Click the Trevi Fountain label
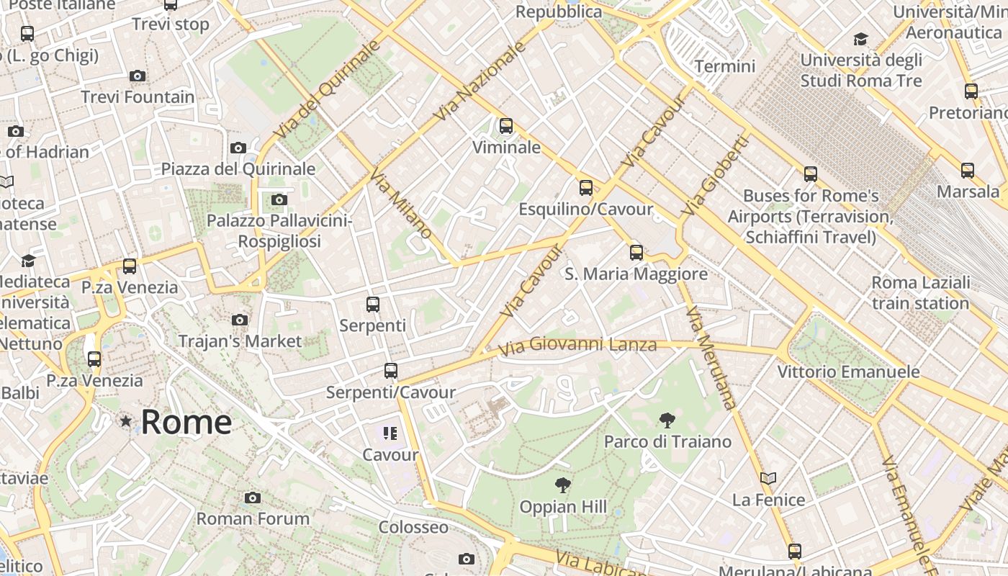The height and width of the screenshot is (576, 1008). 138,96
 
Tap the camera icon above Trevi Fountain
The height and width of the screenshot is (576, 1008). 137,76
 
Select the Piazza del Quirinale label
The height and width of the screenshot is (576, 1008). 238,168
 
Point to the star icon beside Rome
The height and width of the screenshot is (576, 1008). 126,420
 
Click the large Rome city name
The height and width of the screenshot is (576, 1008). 186,421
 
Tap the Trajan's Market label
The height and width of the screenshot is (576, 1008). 240,341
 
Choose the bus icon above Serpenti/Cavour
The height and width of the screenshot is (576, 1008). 390,371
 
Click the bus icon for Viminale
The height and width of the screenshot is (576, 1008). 506,126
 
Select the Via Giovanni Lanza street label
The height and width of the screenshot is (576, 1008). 578,346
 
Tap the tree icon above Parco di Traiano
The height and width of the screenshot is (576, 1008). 667,420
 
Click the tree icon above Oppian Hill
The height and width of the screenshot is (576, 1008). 563,485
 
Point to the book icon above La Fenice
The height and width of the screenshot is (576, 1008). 768,478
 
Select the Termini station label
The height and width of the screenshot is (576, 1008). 724,66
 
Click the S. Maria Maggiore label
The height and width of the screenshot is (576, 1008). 636,274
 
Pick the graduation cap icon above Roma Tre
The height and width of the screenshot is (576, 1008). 860,39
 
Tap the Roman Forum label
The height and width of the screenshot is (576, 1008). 253,518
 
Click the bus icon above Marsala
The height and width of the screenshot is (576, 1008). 968,171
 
